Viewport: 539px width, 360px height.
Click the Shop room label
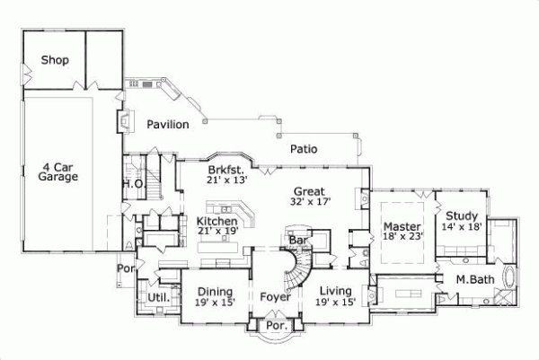[x=56, y=61]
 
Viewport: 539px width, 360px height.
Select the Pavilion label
[x=168, y=125]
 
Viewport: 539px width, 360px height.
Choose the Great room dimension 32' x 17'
[x=309, y=202]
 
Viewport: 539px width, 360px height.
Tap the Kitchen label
[x=216, y=221]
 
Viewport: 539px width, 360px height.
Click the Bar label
[x=297, y=241]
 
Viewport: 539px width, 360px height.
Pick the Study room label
[x=461, y=216]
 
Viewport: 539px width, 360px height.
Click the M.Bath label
[x=471, y=279]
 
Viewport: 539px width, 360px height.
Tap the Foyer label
[x=274, y=294]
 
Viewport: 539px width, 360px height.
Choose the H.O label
[x=133, y=183]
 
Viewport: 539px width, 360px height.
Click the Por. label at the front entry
[x=276, y=326]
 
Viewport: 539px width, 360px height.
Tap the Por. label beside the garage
[x=123, y=268]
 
